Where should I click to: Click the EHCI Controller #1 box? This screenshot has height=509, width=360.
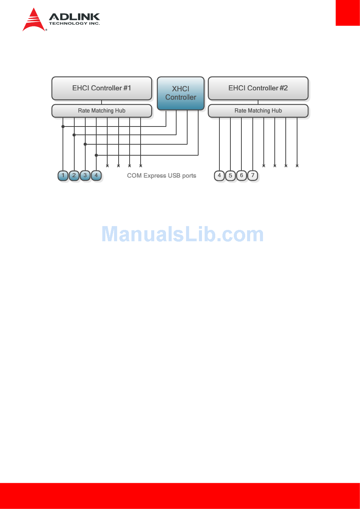tap(102, 88)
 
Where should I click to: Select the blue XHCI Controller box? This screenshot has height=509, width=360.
tap(181, 93)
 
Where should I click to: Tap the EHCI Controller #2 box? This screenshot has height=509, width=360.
tap(258, 88)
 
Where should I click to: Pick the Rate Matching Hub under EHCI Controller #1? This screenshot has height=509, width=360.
tap(102, 111)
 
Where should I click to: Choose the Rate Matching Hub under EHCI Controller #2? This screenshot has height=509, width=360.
tap(258, 111)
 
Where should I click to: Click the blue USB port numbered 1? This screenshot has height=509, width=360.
tap(63, 175)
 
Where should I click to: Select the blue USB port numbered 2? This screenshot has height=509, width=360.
tap(74, 175)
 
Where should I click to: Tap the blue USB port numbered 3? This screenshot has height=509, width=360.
tap(85, 175)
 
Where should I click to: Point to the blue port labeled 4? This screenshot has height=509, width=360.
tap(96, 175)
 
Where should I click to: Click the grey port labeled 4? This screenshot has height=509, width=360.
tap(219, 176)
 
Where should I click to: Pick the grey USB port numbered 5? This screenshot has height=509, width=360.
tap(230, 176)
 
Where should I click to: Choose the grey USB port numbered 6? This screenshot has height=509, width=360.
tap(241, 176)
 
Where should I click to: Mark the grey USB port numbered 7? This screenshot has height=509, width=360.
tap(253, 176)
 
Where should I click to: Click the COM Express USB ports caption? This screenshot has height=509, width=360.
tap(161, 176)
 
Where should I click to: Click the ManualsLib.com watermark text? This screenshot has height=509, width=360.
tap(182, 234)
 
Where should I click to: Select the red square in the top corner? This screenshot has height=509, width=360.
tap(347, 12)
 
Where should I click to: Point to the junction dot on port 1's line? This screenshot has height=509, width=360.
tap(63, 126)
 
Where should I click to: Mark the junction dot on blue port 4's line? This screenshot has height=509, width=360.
tap(96, 155)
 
